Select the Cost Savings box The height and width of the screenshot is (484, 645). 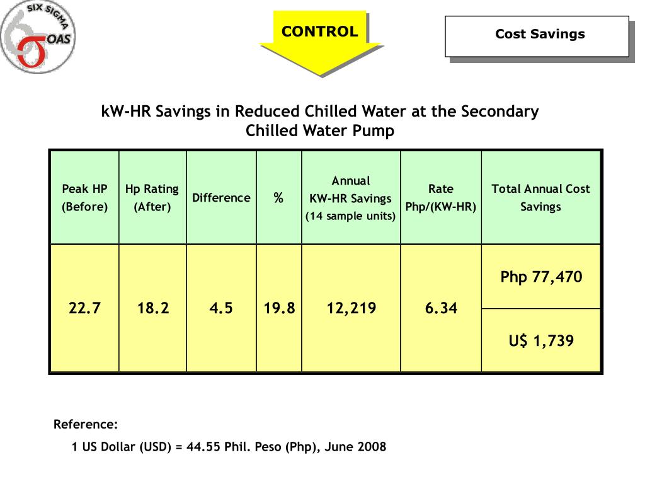coord(540,35)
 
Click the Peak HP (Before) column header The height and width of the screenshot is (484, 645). coord(84,197)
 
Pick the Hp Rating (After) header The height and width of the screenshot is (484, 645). coord(152,197)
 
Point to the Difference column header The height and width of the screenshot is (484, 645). coord(221,198)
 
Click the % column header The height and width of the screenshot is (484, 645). coord(278,198)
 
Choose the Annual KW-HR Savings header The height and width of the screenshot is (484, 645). coord(351,198)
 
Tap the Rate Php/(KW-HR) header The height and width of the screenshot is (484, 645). coord(441,197)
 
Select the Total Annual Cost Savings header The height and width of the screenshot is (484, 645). coord(540,197)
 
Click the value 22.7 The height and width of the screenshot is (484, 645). coord(84,308)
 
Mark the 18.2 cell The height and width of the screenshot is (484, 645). coord(153,308)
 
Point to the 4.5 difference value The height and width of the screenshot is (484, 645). coord(221,308)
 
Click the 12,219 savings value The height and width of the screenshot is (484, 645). coord(351,308)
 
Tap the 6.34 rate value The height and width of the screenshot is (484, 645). coord(441,308)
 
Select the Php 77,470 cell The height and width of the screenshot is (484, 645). coord(541,277)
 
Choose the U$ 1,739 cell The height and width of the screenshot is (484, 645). coord(541,341)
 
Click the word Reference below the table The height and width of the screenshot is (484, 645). coord(86,423)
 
